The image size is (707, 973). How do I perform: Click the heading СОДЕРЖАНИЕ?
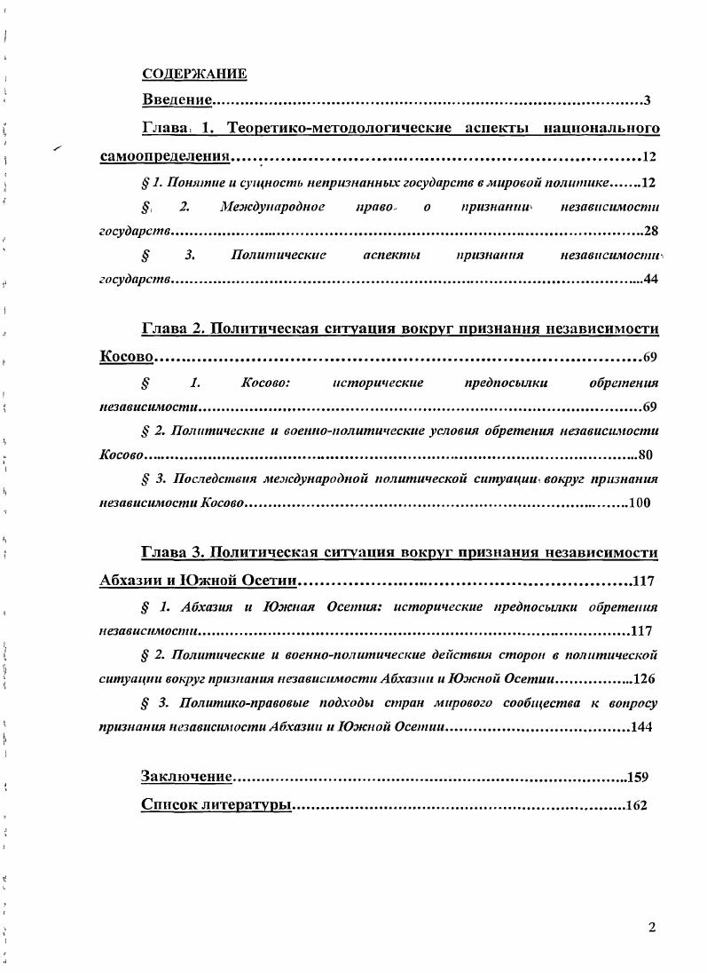[x=194, y=73]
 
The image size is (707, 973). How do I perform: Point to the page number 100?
[x=639, y=502]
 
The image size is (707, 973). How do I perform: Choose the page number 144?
[x=641, y=727]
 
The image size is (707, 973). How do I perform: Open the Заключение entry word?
[x=186, y=778]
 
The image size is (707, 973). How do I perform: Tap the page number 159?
[x=638, y=778]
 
